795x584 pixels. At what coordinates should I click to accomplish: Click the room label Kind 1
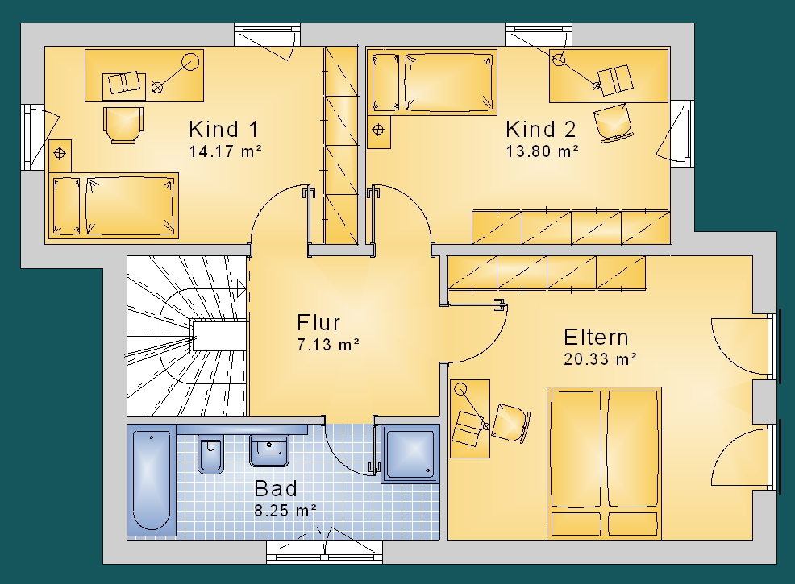223,129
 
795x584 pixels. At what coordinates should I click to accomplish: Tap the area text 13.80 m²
543,151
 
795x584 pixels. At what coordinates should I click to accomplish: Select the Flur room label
318,323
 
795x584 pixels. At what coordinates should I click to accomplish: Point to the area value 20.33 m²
601,359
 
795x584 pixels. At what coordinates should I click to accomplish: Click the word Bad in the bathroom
276,489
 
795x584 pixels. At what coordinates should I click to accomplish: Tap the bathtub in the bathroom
151,478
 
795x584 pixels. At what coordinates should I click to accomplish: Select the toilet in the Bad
210,454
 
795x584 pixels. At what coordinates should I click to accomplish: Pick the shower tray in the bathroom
410,454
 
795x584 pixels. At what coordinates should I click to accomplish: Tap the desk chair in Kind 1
123,125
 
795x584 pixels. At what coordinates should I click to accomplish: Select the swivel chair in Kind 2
614,122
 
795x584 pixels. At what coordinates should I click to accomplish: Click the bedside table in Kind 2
379,130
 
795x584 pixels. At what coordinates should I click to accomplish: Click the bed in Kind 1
114,205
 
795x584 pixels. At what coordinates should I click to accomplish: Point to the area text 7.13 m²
328,345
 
